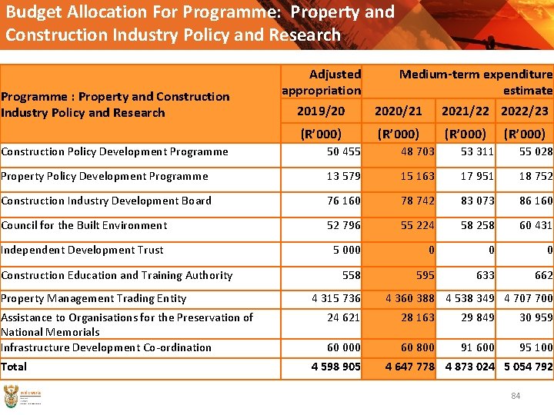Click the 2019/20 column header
[321, 111]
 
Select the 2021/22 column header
[465, 111]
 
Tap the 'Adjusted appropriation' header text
[321, 82]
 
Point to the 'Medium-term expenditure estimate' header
[476, 82]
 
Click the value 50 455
[343, 151]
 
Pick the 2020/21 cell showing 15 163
[417, 176]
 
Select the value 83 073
[477, 201]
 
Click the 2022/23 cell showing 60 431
[536, 225]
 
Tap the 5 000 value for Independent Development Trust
[346, 250]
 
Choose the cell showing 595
[425, 275]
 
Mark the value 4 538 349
[470, 298]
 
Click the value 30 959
[536, 317]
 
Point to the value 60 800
[417, 347]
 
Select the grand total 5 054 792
[528, 367]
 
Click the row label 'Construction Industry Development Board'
[106, 201]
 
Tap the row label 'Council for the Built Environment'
[84, 225]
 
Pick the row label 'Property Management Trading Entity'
[94, 298]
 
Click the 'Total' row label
[14, 367]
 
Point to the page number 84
[516, 396]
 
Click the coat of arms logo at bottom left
[12, 397]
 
